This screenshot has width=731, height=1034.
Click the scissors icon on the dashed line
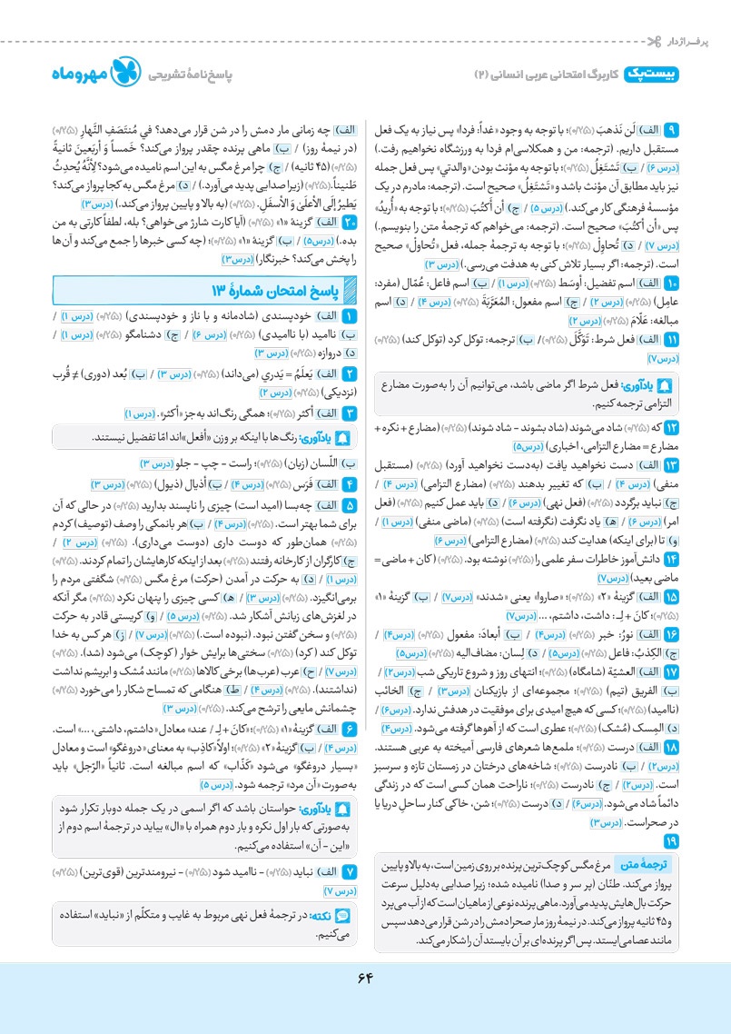tap(652, 42)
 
